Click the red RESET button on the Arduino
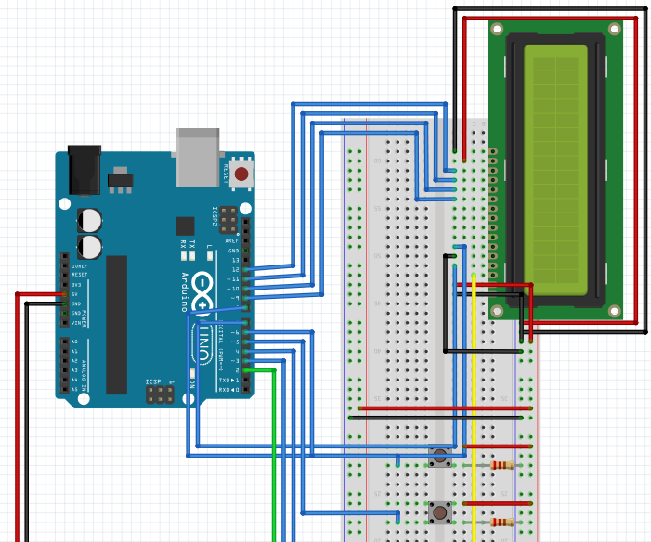coord(241,173)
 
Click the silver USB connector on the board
coord(199,154)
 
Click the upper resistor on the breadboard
coord(502,465)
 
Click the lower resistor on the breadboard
coord(502,523)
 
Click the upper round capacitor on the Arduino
coord(90,220)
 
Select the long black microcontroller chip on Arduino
coord(116,325)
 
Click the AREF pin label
coord(232,241)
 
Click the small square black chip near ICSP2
coord(185,225)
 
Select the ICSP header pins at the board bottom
coord(159,395)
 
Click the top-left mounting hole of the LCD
coord(499,30)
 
